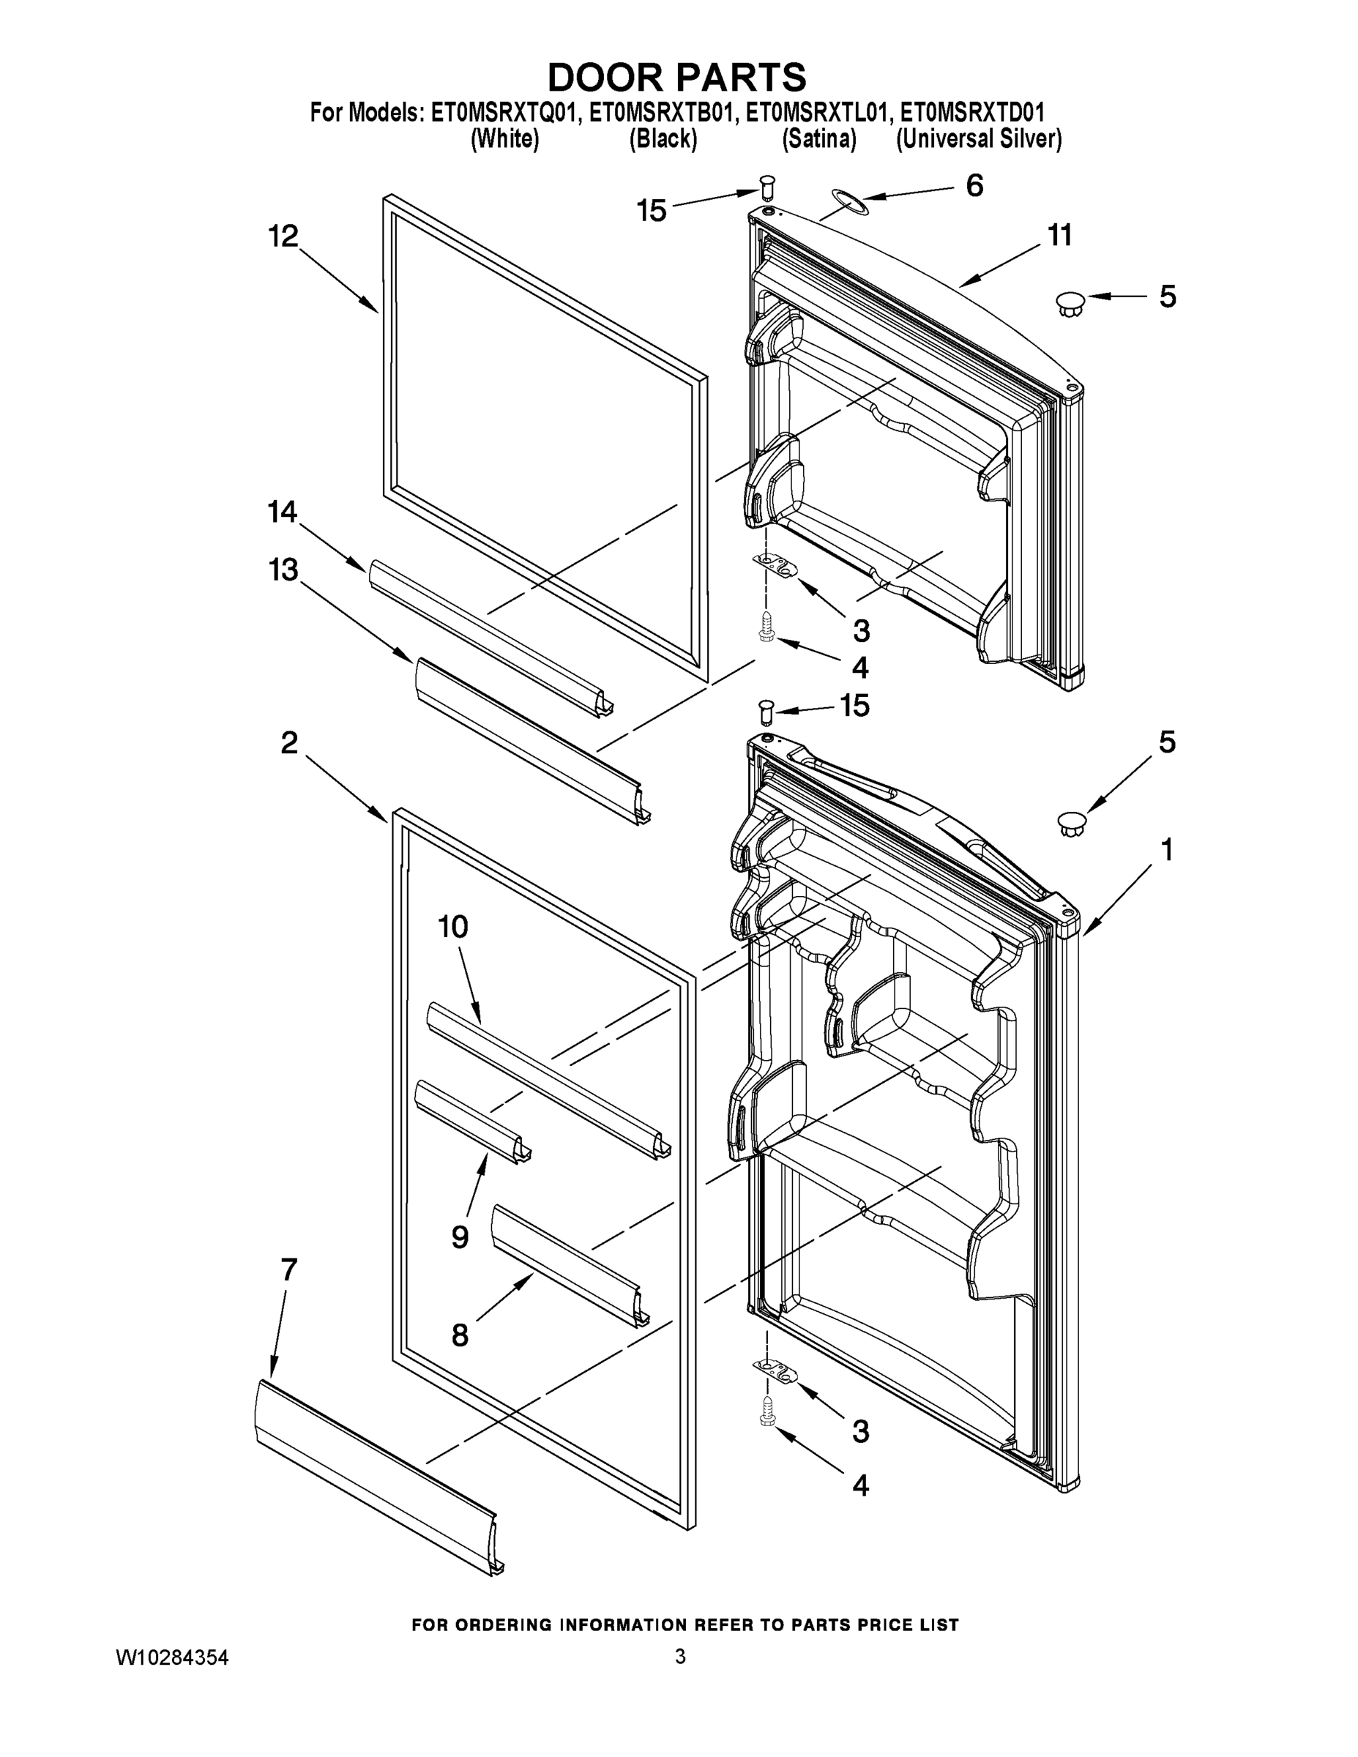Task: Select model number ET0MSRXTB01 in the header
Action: pyautogui.click(x=661, y=113)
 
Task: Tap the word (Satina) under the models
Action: pyautogui.click(x=818, y=139)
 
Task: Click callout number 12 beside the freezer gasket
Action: pyautogui.click(x=283, y=236)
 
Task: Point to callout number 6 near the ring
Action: pyautogui.click(x=974, y=186)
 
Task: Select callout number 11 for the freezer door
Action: pyautogui.click(x=1059, y=236)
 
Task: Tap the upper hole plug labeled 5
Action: pyautogui.click(x=1070, y=304)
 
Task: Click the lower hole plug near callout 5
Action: pyautogui.click(x=1071, y=823)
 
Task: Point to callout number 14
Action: pyautogui.click(x=283, y=512)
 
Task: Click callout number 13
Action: pyautogui.click(x=283, y=570)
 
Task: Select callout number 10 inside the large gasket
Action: pyautogui.click(x=453, y=927)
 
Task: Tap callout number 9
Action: pyautogui.click(x=459, y=1236)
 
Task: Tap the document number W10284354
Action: pyautogui.click(x=172, y=1657)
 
